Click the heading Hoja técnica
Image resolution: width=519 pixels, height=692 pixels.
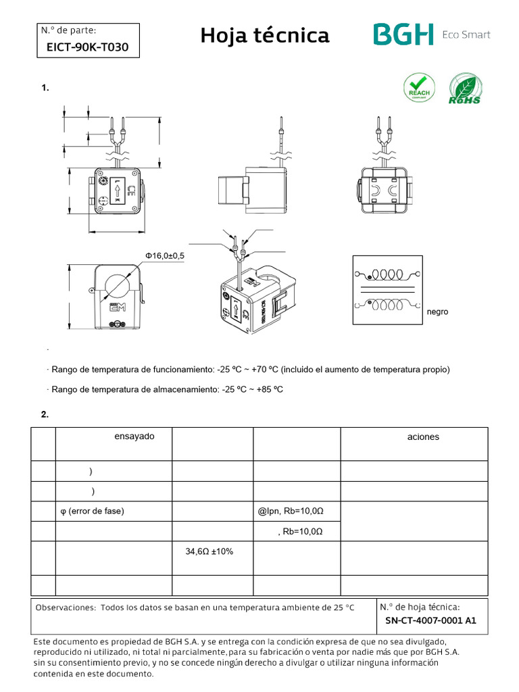[265, 36]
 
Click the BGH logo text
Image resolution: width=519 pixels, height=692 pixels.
[403, 35]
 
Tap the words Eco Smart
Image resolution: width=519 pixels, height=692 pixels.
[466, 35]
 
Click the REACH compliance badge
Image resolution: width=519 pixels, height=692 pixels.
[419, 89]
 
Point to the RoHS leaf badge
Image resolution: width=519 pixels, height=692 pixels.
[465, 89]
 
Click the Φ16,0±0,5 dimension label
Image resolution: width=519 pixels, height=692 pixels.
[164, 255]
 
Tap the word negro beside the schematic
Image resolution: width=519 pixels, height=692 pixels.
[437, 312]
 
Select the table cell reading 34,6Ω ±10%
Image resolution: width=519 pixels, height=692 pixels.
[209, 552]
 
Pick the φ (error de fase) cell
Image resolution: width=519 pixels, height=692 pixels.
[92, 512]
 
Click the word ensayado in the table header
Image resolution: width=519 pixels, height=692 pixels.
[134, 437]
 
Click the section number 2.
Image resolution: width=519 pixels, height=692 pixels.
[45, 415]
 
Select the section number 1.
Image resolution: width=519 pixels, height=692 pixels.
[45, 89]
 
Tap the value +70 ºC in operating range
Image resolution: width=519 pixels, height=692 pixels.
[264, 370]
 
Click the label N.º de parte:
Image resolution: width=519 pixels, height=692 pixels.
[69, 30]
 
